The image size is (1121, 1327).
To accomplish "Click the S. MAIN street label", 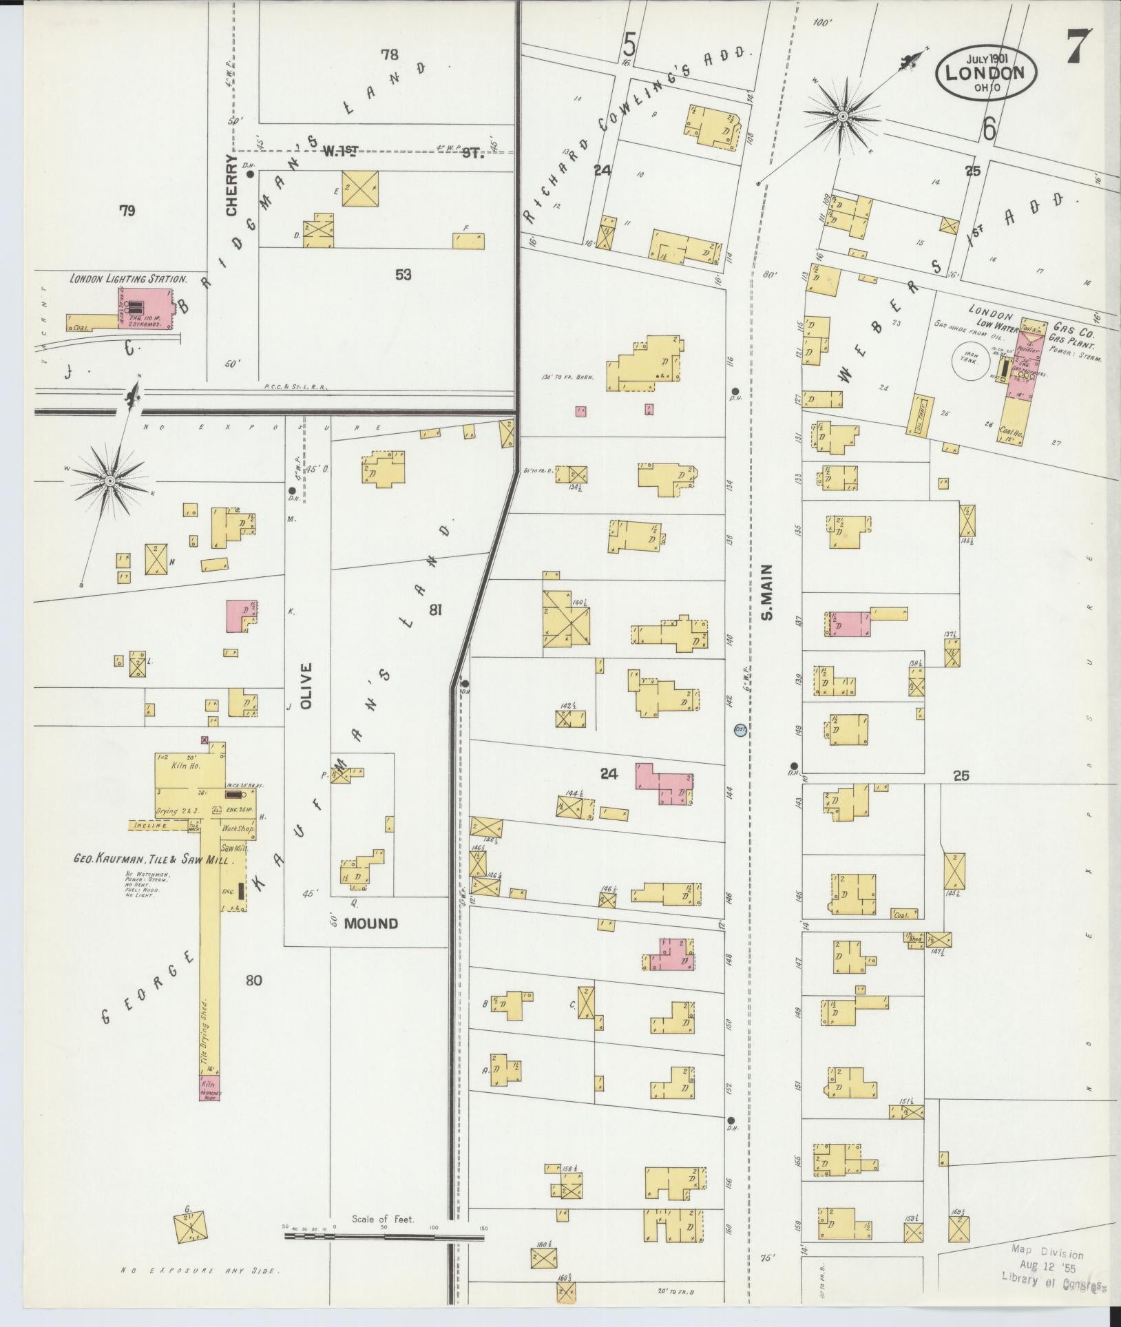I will point(768,592).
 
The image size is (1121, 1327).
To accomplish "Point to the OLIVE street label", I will point(307,686).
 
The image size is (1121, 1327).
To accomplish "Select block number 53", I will point(403,275).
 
